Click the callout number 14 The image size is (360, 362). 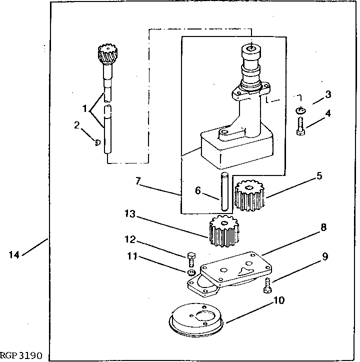tap(14, 255)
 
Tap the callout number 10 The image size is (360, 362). tap(279, 300)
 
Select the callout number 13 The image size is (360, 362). tap(130, 214)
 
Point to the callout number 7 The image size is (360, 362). tap(138, 181)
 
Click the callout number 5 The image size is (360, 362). tap(319, 176)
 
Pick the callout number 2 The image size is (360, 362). tap(77, 125)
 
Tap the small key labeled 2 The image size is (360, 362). tap(98, 143)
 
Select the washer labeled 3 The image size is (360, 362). tap(300, 110)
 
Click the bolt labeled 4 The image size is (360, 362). tap(300, 126)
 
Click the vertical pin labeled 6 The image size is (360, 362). tap(224, 191)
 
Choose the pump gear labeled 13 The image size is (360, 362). tap(224, 231)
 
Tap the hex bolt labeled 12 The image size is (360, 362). tap(191, 259)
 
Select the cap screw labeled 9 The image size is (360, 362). tap(267, 285)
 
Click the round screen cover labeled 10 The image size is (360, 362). tap(196, 320)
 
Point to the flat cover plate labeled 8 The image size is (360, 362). tap(236, 268)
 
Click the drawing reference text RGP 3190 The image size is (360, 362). tap(21, 355)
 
